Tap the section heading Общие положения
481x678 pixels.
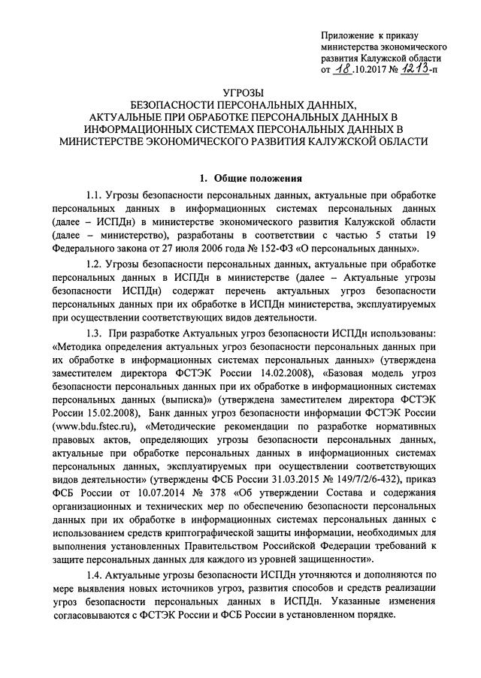259,178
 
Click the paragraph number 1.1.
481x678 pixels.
96,197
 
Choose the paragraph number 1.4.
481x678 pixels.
96,574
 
